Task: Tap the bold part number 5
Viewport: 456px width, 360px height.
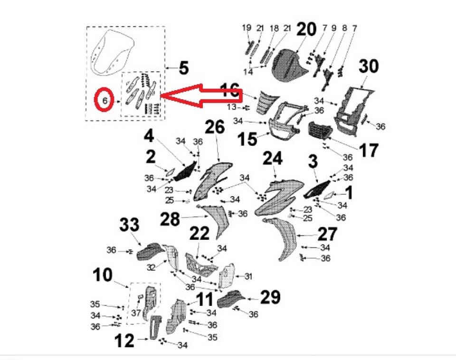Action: [x=184, y=68]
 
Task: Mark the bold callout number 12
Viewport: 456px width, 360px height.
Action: [x=124, y=341]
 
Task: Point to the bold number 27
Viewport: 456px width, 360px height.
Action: [x=327, y=234]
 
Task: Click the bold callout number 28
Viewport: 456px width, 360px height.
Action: [x=170, y=219]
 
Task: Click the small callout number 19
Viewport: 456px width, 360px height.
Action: [x=247, y=28]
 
